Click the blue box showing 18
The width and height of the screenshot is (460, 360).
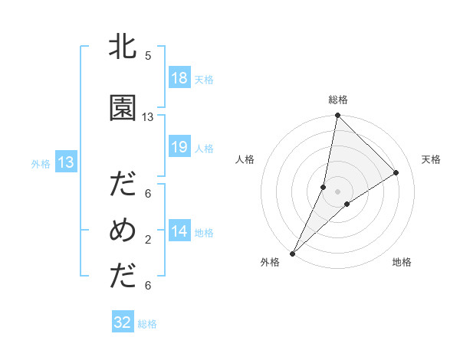pos(179,79)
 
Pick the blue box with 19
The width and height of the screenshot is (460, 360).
pos(179,148)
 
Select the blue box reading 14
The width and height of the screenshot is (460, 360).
pos(179,232)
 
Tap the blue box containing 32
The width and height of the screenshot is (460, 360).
pos(123,322)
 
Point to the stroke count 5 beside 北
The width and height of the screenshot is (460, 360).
pos(148,56)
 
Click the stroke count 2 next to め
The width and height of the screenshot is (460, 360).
pos(148,240)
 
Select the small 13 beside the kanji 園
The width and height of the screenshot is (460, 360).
pos(148,117)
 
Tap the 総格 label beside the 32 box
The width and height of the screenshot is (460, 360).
pos(147,324)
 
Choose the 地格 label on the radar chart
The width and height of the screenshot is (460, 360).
pos(402,262)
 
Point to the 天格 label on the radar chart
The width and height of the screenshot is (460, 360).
pos(431,159)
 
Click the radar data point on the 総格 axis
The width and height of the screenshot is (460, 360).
pos(337,116)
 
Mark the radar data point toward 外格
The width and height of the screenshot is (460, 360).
pos(292,253)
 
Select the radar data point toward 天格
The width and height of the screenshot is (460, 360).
pos(396,173)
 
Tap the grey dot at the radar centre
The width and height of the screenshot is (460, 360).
pos(337,191)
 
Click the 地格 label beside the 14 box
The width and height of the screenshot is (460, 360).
pos(204,233)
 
